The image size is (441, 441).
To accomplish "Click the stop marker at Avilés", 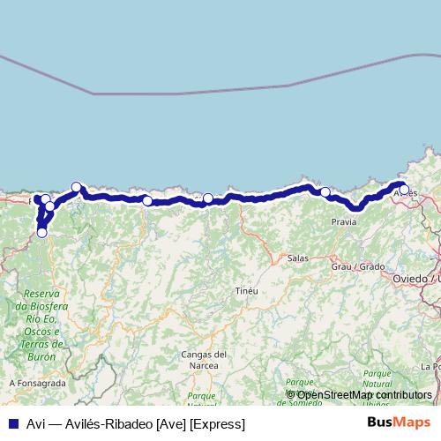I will [x=404, y=190].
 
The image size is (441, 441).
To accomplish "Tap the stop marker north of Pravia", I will [x=325, y=192].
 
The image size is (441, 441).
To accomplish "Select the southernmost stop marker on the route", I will [x=41, y=233].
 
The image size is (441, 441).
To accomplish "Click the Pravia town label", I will [x=344, y=222].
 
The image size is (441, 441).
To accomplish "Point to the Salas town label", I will [x=297, y=258].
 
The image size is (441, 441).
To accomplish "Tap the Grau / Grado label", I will [x=358, y=265].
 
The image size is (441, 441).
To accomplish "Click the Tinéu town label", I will [x=246, y=290].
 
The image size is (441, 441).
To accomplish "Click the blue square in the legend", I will [x=11, y=424].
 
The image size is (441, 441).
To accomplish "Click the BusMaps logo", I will [x=399, y=423].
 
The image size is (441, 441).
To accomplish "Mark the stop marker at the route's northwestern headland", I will [x=77, y=187].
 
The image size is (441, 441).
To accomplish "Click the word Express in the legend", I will [x=221, y=424].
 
